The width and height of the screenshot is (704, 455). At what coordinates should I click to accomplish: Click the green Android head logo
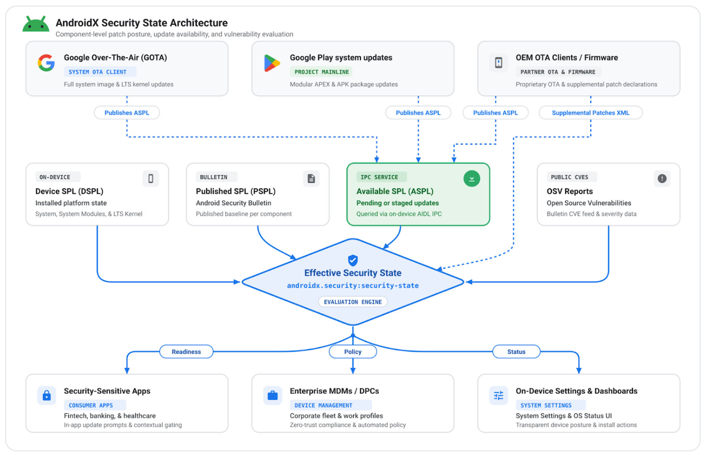(36, 24)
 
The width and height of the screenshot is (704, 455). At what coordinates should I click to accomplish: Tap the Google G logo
(46, 63)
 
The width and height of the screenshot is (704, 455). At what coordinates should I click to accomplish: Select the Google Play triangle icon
(272, 63)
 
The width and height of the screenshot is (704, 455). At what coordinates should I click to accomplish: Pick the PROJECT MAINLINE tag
(321, 72)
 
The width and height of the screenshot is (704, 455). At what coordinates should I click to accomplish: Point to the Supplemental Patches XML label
(591, 113)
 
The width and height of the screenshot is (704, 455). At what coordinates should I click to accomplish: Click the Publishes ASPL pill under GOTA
(127, 113)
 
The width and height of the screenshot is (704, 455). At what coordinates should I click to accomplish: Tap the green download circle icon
(472, 179)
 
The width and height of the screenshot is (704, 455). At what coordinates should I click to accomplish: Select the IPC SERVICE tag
(382, 177)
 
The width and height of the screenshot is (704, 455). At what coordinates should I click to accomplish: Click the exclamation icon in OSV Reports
(662, 179)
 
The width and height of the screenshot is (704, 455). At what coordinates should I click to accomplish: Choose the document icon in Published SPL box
(311, 179)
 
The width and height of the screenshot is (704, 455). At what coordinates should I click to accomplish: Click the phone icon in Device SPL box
(151, 179)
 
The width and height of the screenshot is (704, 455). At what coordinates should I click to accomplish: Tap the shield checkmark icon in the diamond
(352, 260)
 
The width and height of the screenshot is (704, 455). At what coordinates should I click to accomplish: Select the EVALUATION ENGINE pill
(352, 302)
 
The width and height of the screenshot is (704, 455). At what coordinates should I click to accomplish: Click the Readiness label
(187, 352)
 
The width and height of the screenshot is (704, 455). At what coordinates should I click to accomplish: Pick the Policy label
(352, 352)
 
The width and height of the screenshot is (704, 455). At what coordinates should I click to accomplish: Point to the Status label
(517, 352)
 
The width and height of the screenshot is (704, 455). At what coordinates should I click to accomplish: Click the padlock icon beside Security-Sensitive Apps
(46, 395)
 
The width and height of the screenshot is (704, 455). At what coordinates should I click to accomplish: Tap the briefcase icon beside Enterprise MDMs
(273, 395)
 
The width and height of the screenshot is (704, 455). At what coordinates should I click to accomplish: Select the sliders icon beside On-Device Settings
(498, 395)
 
